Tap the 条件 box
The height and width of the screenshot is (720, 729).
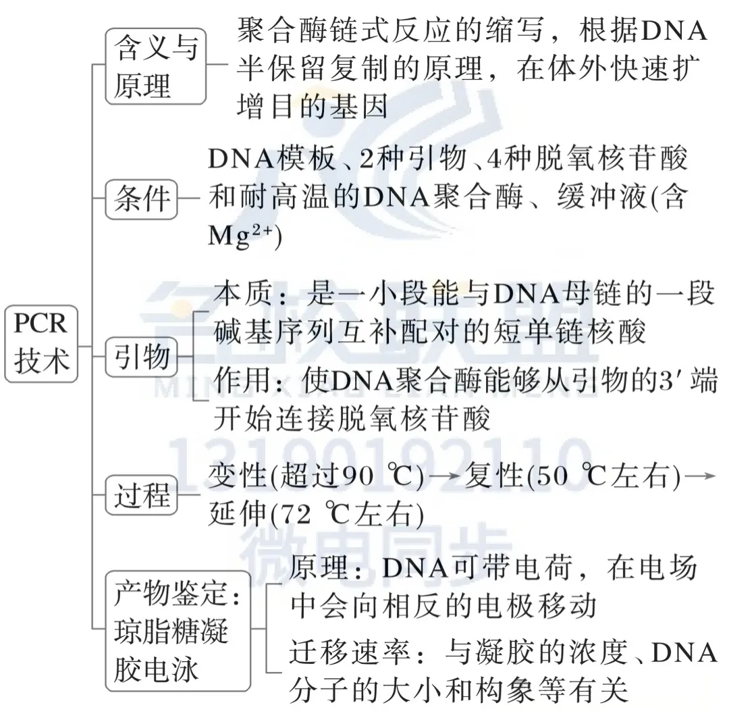tap(142, 200)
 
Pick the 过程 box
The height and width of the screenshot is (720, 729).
tap(142, 496)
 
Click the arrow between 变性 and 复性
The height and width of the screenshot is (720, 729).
tap(446, 478)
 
